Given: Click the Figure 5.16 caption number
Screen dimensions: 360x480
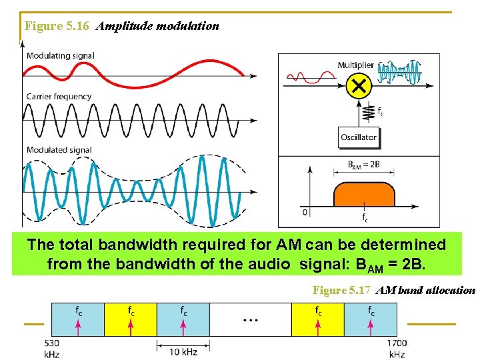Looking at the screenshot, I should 58,27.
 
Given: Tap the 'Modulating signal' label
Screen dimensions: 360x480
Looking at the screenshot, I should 60,56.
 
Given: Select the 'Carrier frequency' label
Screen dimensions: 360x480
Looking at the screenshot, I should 59,97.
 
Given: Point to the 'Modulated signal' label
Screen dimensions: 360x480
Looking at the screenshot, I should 59,150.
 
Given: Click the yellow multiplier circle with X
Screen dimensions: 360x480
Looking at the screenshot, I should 359,85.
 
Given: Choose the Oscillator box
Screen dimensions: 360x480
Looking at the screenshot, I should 359,137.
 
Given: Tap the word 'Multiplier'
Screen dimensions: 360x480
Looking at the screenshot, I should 355,65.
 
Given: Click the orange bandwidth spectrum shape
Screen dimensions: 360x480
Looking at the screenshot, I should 364,195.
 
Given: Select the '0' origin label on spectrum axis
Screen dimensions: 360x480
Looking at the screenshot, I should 305,213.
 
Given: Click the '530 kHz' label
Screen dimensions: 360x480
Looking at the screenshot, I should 51,349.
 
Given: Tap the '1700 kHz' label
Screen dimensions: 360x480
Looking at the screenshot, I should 397,349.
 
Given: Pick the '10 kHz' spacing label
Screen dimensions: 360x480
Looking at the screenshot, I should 183,351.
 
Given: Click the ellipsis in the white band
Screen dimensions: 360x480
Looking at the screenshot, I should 251,320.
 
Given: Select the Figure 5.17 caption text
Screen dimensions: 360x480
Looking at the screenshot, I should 394,290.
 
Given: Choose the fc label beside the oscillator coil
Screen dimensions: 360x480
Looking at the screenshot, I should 380,111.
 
